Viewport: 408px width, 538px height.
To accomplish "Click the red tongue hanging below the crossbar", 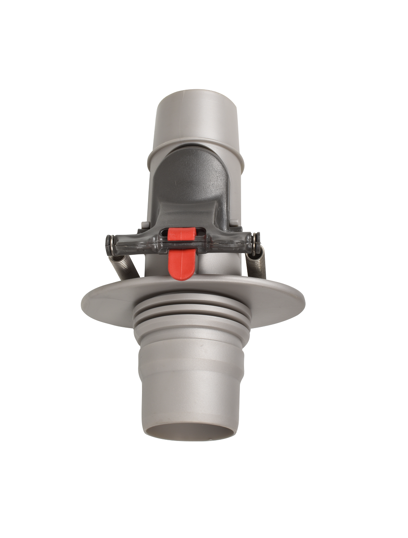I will click(180, 265).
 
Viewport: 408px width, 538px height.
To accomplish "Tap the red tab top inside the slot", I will click(181, 234).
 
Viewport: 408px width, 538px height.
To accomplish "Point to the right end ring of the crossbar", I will click(256, 238).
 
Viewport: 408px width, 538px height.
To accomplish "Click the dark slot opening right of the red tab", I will click(201, 232).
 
